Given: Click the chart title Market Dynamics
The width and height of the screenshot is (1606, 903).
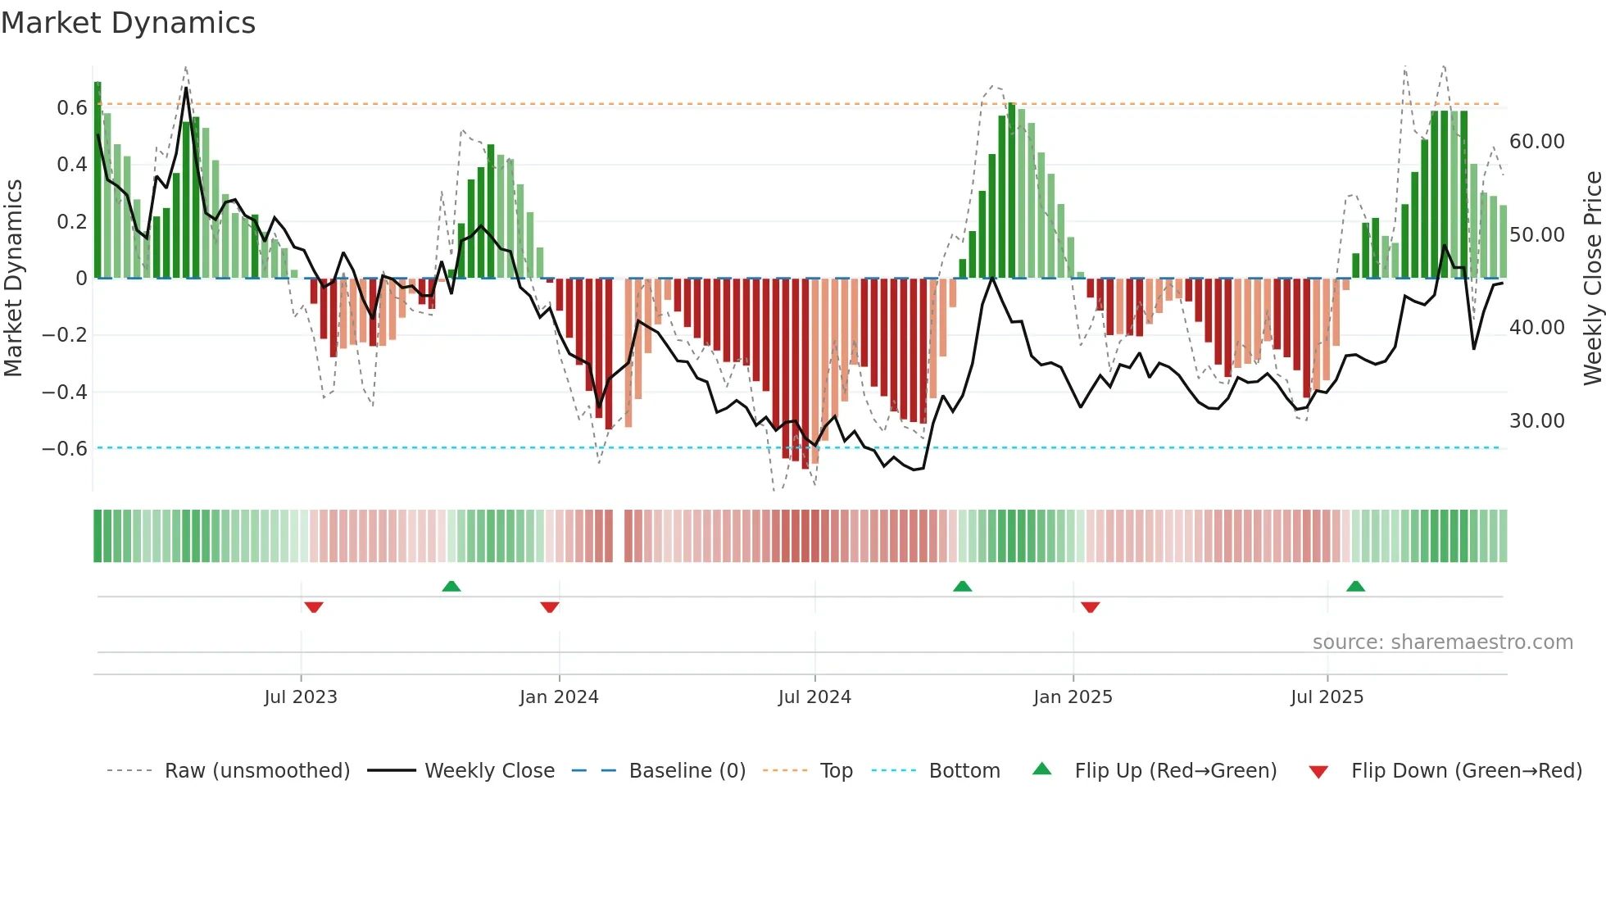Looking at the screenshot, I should [x=128, y=23].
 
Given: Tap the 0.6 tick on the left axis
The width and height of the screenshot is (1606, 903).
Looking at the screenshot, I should [x=72, y=108].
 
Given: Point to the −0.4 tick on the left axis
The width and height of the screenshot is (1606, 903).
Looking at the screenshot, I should [x=65, y=393].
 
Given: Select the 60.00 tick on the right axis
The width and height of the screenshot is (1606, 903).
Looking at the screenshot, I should [x=1536, y=142].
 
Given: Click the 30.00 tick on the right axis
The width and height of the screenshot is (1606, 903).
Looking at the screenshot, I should [x=1536, y=421].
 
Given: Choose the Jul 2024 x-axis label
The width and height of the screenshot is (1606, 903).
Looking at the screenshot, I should [x=814, y=697].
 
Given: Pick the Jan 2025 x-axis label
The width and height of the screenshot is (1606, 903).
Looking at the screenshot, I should [x=1073, y=697].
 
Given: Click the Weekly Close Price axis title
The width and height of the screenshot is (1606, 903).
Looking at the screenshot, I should [x=1592, y=279].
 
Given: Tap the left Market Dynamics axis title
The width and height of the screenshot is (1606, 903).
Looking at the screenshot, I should [x=13, y=279].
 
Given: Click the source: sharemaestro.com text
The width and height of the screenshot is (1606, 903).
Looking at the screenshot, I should [x=1442, y=642].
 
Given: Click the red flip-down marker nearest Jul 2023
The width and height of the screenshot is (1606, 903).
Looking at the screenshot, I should [x=314, y=607].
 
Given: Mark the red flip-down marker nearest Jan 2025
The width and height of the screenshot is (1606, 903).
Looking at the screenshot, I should [x=1090, y=607].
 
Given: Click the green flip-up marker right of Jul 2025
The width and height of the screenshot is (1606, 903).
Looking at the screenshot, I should [x=1355, y=586].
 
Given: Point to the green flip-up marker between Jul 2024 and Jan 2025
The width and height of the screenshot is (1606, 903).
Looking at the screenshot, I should [x=963, y=586].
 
